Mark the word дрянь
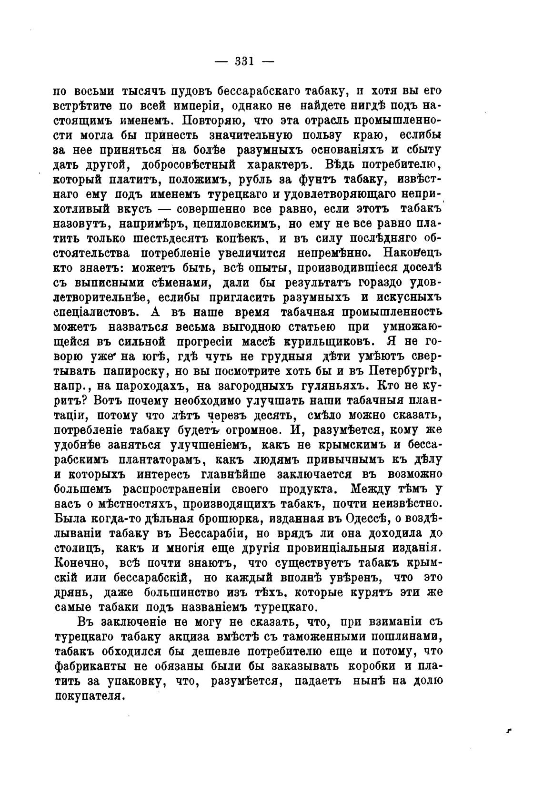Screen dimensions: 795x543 [71, 593]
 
